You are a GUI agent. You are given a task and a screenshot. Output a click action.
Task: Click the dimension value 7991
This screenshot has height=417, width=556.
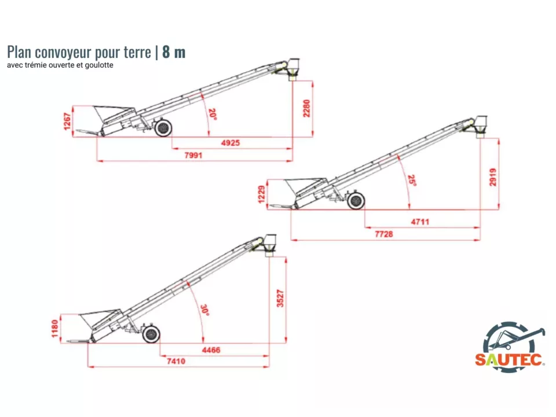[x=194, y=155]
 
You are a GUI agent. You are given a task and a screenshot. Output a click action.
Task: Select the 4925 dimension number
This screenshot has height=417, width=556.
[x=231, y=142]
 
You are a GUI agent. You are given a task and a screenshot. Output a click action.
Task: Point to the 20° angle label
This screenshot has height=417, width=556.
[x=213, y=114]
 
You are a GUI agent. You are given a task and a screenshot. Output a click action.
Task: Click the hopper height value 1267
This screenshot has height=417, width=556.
[x=68, y=121]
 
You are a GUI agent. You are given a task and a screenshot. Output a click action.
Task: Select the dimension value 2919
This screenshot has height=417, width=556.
[x=493, y=177]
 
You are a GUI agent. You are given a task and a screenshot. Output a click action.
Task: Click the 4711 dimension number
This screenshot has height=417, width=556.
[x=420, y=221]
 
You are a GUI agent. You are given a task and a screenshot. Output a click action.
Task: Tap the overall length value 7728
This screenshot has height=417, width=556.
[x=385, y=234]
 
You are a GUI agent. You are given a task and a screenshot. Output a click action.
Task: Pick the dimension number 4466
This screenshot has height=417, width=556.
[x=211, y=350]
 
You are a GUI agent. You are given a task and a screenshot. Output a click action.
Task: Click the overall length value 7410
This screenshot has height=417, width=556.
[x=175, y=361]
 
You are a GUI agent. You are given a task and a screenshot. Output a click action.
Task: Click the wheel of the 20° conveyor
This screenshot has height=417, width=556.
[x=163, y=127]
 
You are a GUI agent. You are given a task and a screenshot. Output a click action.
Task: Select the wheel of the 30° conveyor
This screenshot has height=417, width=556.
[x=151, y=334]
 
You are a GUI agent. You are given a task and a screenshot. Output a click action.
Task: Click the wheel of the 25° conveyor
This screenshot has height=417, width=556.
[x=356, y=201]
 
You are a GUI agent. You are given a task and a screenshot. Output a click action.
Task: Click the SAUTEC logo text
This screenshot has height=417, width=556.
[x=509, y=360]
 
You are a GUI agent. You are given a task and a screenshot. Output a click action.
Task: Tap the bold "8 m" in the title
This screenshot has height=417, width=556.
[x=174, y=52]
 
